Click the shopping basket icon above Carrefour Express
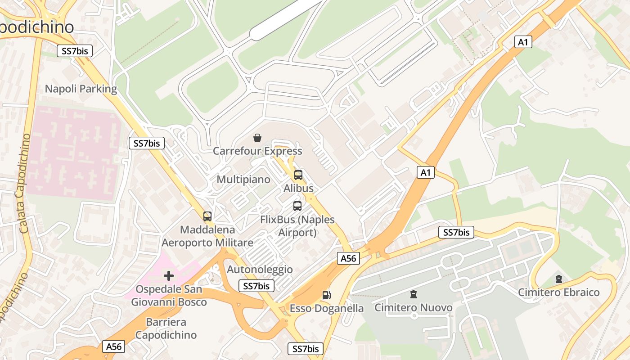pos(257,137)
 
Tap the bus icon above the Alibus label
pos(298,175)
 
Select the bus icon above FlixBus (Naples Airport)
pos(297,206)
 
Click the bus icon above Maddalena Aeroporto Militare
pos(207,216)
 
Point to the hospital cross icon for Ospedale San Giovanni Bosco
pos(169,275)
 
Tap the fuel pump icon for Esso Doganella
pos(327,295)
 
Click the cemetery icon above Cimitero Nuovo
pos(413,294)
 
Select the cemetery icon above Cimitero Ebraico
pos(558,279)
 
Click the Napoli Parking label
pos(81,89)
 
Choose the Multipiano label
pos(243,180)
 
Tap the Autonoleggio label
pos(260,270)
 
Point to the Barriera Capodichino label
pos(166,328)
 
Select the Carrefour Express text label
pos(257,151)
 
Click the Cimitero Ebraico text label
pos(558,292)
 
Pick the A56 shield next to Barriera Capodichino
pos(113,346)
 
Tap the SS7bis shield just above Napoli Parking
pos(75,51)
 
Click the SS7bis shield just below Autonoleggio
pos(256,286)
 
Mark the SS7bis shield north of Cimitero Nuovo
pos(456,232)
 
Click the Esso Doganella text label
pos(326,308)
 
